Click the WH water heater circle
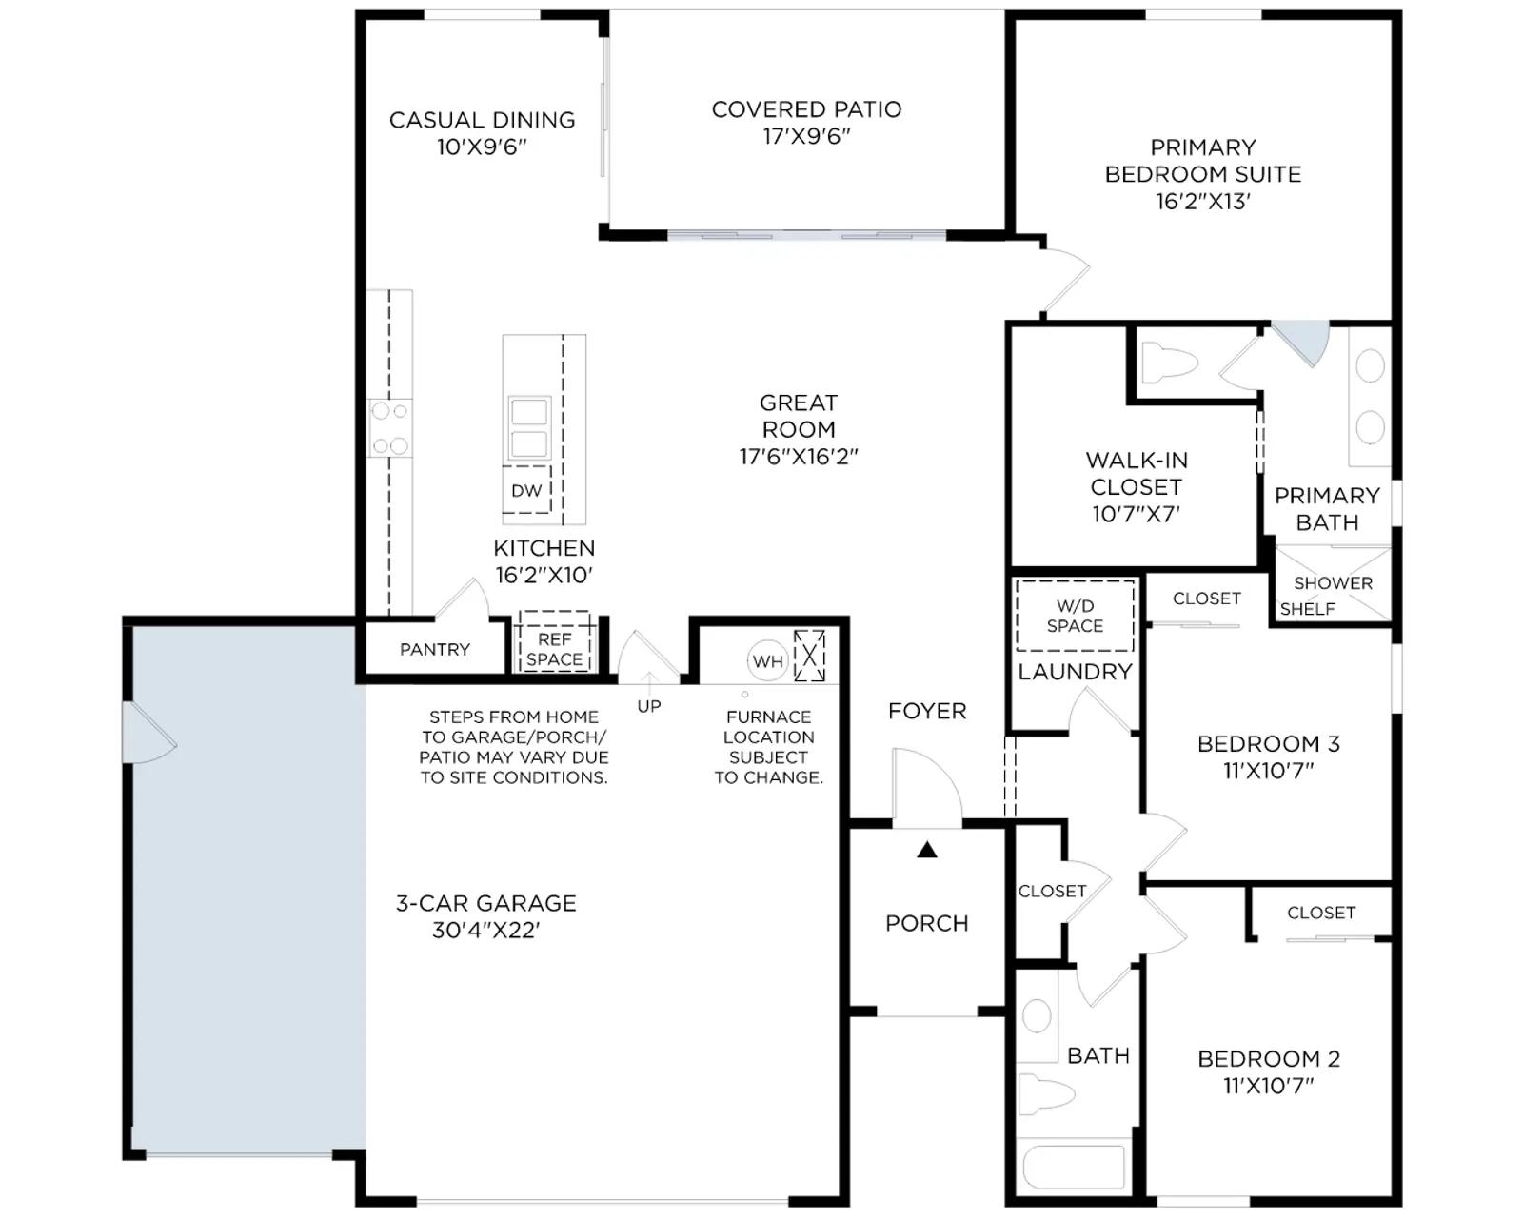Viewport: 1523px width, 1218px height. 767,661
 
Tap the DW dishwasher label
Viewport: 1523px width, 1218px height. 525,490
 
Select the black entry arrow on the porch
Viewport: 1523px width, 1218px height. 927,850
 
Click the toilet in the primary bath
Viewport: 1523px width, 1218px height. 1169,363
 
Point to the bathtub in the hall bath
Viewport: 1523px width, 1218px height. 1074,1167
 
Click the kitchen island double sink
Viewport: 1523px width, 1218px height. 528,428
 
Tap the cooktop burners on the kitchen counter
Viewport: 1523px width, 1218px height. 390,428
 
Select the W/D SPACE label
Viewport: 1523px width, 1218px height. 1075,616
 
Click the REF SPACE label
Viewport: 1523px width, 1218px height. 554,649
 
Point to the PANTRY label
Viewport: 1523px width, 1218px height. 435,649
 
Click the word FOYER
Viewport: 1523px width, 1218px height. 927,711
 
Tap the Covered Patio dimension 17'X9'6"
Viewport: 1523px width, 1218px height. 806,136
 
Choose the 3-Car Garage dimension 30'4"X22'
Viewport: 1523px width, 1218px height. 486,930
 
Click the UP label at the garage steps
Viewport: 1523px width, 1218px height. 649,706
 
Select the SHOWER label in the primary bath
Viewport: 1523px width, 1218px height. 1333,582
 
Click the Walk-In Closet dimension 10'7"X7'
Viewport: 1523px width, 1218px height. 1136,514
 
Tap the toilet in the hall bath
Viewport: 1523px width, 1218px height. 1046,1095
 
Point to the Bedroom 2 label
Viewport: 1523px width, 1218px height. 1269,1059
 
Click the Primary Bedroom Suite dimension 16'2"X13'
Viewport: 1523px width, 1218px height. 1203,201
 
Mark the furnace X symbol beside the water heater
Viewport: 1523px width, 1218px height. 810,656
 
